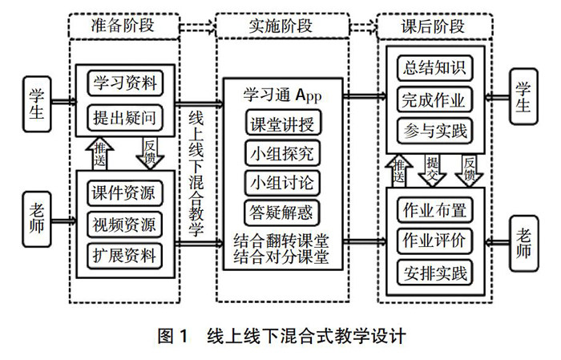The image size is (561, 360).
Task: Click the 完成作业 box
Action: (435, 99)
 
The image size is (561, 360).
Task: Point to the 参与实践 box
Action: (435, 129)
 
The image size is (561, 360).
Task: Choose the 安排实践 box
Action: (435, 272)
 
